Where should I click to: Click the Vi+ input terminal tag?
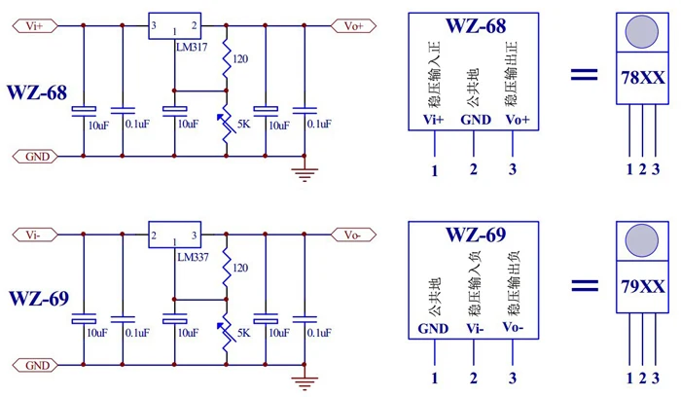tap(35, 26)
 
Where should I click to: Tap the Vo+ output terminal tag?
tap(353, 26)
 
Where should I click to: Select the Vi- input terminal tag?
tap(35, 235)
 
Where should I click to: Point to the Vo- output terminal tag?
tap(353, 235)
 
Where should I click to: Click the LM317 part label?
tap(192, 47)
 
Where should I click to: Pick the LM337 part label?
tap(193, 257)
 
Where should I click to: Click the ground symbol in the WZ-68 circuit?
tap(305, 174)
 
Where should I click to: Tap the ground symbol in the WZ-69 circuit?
tap(305, 383)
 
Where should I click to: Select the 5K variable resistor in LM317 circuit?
tap(227, 125)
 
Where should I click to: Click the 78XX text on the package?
tap(643, 78)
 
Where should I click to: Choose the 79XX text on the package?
tap(643, 287)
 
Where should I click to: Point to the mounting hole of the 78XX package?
tap(642, 32)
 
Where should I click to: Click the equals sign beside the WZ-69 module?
tap(585, 285)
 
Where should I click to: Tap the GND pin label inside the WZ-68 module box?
tap(476, 120)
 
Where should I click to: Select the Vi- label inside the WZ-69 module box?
tap(475, 329)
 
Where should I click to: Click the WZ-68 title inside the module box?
tap(476, 26)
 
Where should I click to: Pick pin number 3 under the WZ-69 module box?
tap(513, 378)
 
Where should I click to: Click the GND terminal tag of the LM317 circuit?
tap(35, 157)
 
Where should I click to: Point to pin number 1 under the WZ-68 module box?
tap(434, 170)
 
